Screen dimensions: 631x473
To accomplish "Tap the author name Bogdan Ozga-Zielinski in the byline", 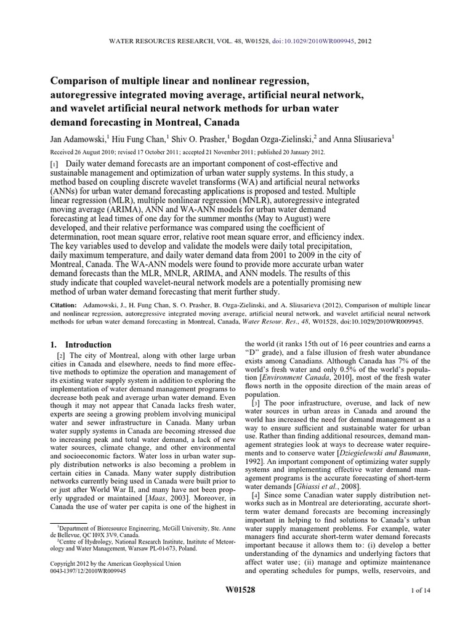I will (x=265, y=139).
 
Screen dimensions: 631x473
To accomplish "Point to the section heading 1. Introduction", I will (x=81, y=345).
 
